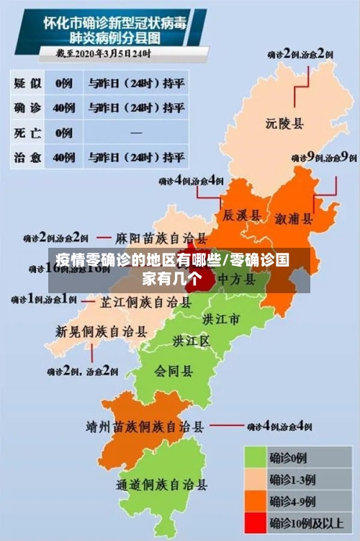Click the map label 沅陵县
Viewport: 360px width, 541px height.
tap(284, 123)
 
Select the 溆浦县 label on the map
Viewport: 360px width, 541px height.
tap(294, 218)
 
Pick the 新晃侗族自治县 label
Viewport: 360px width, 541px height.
tap(102, 331)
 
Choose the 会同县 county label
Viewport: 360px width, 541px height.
tap(174, 371)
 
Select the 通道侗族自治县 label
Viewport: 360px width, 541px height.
tap(162, 485)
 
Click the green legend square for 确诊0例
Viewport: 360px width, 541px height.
tap(255, 457)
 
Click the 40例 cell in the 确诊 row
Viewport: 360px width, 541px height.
tap(64, 107)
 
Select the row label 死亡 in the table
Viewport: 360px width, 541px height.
tap(27, 132)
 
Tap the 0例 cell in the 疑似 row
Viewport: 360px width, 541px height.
tap(64, 83)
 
